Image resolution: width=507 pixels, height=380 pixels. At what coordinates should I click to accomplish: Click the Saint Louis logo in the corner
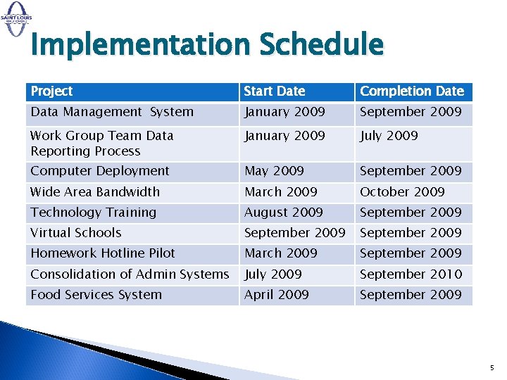tap(16, 16)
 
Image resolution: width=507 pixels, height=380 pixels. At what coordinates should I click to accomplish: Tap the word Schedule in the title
tap(322, 46)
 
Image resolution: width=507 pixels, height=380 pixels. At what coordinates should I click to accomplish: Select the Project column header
tap(51, 91)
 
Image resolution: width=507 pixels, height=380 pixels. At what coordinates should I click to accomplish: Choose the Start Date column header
tap(275, 91)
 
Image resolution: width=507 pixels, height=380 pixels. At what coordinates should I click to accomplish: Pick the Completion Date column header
tap(412, 91)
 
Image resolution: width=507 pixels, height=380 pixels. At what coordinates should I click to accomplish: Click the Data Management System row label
tap(111, 112)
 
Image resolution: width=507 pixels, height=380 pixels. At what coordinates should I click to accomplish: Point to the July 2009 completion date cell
tap(389, 136)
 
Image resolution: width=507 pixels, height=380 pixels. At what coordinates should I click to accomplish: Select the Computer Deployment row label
tap(99, 171)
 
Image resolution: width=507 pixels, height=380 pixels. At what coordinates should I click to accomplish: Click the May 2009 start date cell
tap(274, 171)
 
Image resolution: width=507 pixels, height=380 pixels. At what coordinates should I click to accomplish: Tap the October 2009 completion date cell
tap(402, 191)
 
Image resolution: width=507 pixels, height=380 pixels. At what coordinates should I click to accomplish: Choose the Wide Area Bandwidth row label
tap(95, 191)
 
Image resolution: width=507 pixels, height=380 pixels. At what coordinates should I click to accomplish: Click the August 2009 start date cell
tap(283, 213)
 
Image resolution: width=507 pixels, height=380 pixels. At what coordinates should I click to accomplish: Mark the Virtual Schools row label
tap(75, 233)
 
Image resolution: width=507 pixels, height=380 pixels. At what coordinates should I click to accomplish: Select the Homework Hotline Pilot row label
tap(102, 253)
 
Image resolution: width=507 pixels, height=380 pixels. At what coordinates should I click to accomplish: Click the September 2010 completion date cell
tap(411, 274)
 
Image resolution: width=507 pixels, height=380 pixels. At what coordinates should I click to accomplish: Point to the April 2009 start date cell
tap(276, 295)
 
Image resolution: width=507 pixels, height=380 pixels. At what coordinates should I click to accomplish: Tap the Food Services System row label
tap(96, 295)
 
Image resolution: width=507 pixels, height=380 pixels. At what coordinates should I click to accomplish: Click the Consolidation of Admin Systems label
tap(130, 274)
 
